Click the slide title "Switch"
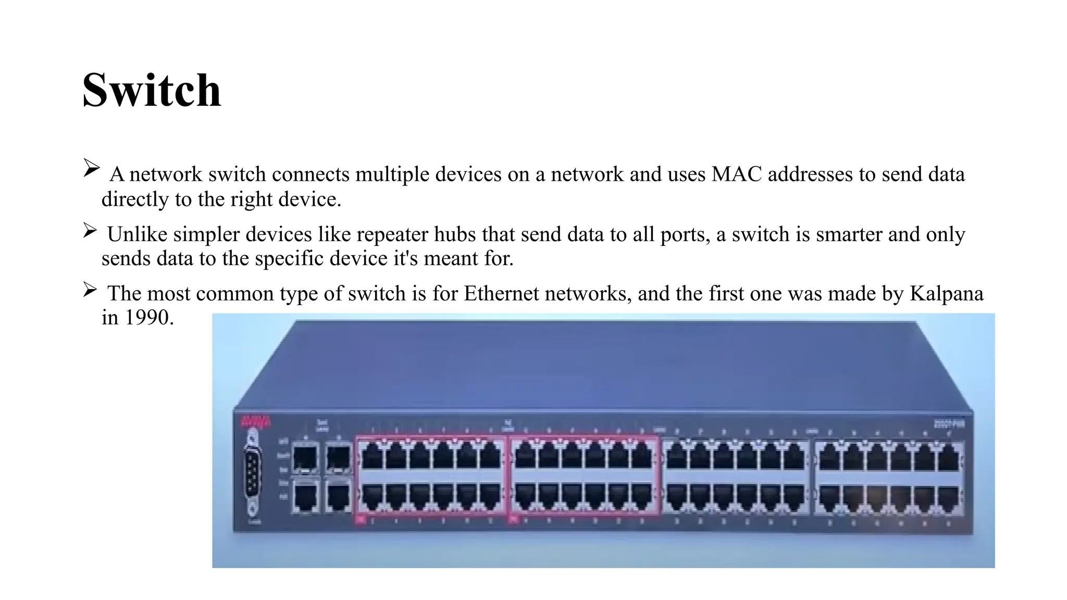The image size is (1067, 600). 152,91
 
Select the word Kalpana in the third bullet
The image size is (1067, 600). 947,294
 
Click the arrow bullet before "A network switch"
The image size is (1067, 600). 91,168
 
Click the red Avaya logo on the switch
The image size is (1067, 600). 255,421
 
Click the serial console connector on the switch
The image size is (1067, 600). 253,473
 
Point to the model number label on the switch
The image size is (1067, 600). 948,424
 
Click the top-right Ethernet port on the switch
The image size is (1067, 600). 948,458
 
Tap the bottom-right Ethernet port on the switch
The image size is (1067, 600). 948,498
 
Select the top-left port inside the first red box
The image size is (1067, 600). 372,457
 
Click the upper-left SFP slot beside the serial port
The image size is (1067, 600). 305,458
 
